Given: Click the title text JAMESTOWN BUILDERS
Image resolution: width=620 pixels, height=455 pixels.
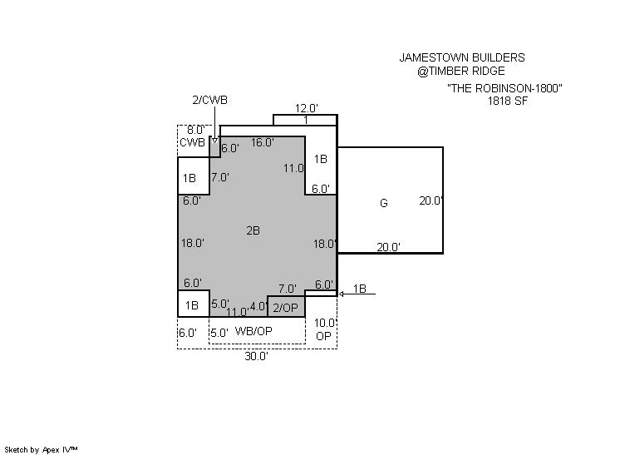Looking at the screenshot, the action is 462,57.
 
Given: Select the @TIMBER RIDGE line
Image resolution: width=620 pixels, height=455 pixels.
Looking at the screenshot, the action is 461,72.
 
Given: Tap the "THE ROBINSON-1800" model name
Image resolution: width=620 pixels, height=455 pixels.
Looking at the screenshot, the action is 505,88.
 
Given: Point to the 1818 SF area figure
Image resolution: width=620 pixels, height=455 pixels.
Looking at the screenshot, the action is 507,101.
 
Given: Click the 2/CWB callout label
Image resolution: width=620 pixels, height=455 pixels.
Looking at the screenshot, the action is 210,100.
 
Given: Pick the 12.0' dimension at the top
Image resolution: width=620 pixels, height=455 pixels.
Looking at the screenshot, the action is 307,108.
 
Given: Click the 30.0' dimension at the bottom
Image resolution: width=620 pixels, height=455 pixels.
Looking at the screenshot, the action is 256,356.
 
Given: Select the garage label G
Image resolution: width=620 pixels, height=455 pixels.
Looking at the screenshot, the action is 383,203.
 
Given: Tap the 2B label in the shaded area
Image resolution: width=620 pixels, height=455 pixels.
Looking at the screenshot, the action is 253,230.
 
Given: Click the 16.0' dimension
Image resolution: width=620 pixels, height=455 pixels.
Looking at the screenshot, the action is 263,142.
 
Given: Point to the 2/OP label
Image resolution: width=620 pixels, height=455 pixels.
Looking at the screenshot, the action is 286,308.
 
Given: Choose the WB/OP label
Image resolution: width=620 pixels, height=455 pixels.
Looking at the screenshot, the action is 253,331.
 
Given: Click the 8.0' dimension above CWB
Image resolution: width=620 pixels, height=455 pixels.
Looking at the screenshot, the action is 195,130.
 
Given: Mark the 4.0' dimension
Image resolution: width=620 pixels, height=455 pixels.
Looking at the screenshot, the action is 258,306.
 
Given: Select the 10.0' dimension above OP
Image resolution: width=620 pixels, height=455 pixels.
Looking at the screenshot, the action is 324,324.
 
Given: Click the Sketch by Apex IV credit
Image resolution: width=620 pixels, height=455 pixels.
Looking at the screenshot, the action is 41,450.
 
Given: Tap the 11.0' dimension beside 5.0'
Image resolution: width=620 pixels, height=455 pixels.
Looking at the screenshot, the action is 237,312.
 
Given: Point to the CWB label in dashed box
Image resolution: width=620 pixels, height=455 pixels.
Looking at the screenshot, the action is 192,142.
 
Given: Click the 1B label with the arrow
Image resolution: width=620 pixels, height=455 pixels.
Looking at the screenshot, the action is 359,289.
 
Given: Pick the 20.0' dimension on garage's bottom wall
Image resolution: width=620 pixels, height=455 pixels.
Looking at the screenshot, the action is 388,247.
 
